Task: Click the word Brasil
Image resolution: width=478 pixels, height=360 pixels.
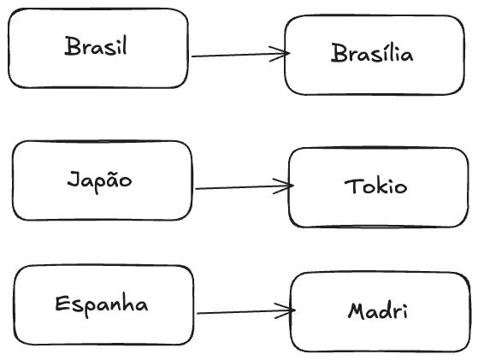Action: tap(96, 46)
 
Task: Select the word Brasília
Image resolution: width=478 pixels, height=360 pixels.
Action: tap(372, 54)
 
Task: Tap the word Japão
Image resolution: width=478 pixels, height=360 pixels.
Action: tap(100, 180)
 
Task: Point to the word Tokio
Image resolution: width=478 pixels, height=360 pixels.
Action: tap(375, 186)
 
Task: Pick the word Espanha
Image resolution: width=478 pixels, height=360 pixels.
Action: tap(101, 304)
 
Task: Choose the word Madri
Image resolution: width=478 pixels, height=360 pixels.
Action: tap(378, 310)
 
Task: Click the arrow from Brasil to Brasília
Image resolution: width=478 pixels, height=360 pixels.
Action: tap(239, 55)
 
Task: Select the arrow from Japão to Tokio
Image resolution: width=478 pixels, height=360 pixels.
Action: tap(244, 186)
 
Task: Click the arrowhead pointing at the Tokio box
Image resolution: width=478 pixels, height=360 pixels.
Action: tap(289, 185)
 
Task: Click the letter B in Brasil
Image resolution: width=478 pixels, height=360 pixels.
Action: tap(71, 46)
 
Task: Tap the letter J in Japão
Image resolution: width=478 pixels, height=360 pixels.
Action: tap(73, 181)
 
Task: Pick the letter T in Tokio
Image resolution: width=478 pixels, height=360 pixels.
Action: tap(351, 186)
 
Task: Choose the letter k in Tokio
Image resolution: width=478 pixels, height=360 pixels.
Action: tap(377, 186)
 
